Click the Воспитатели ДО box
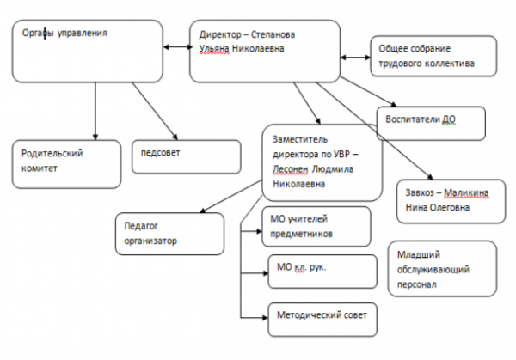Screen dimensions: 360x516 [x=431, y=122]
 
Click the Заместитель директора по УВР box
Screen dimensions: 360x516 [x=320, y=162]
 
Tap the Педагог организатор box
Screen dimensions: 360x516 [x=163, y=233]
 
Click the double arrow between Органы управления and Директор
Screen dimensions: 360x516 [x=177, y=44]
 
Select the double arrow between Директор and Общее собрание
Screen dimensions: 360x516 [x=355, y=58]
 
